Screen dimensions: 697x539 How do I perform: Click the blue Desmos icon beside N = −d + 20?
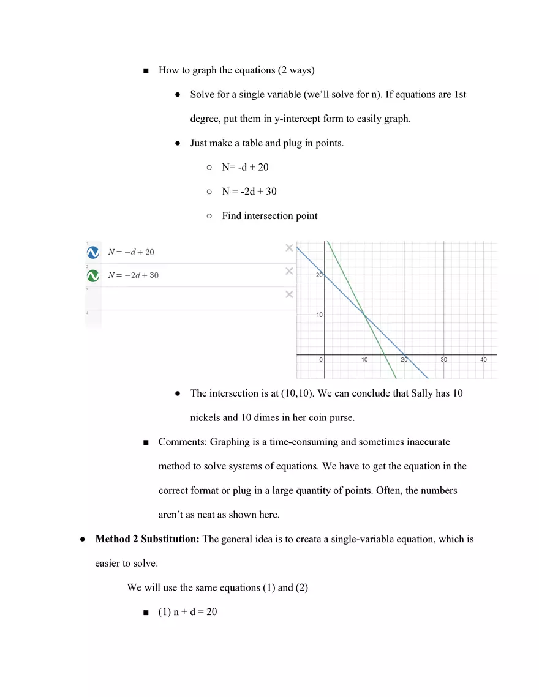pyautogui.click(x=93, y=252)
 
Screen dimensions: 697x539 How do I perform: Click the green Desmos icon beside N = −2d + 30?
pyautogui.click(x=93, y=275)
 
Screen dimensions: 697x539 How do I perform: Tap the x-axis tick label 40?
pyautogui.click(x=483, y=360)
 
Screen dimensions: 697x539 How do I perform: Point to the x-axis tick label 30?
pyautogui.click(x=443, y=360)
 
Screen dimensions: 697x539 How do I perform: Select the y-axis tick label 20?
pyautogui.click(x=319, y=275)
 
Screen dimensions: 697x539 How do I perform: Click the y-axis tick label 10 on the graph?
pyautogui.click(x=319, y=315)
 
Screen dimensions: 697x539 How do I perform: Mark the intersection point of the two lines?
pyautogui.click(x=364, y=315)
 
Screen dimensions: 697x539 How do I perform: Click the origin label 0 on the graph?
pyautogui.click(x=320, y=360)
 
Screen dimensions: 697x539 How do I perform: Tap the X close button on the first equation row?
pyautogui.click(x=289, y=248)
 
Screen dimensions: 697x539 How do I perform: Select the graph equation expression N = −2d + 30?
pyautogui.click(x=133, y=275)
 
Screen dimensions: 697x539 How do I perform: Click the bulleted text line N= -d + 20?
pyautogui.click(x=245, y=167)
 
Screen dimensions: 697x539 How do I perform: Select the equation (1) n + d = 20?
pyautogui.click(x=187, y=611)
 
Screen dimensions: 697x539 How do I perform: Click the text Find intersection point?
pyautogui.click(x=269, y=216)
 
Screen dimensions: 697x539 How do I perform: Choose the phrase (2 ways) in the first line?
pyautogui.click(x=296, y=70)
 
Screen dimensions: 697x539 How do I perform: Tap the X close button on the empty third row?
pyautogui.click(x=289, y=295)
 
